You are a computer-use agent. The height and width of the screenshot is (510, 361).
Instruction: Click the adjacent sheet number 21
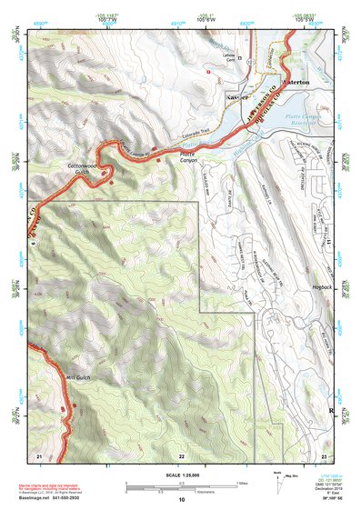pyautogui.click(x=38, y=455)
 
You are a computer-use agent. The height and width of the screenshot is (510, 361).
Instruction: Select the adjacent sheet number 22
pyautogui.click(x=182, y=455)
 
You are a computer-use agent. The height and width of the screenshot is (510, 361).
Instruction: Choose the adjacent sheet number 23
pyautogui.click(x=325, y=455)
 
